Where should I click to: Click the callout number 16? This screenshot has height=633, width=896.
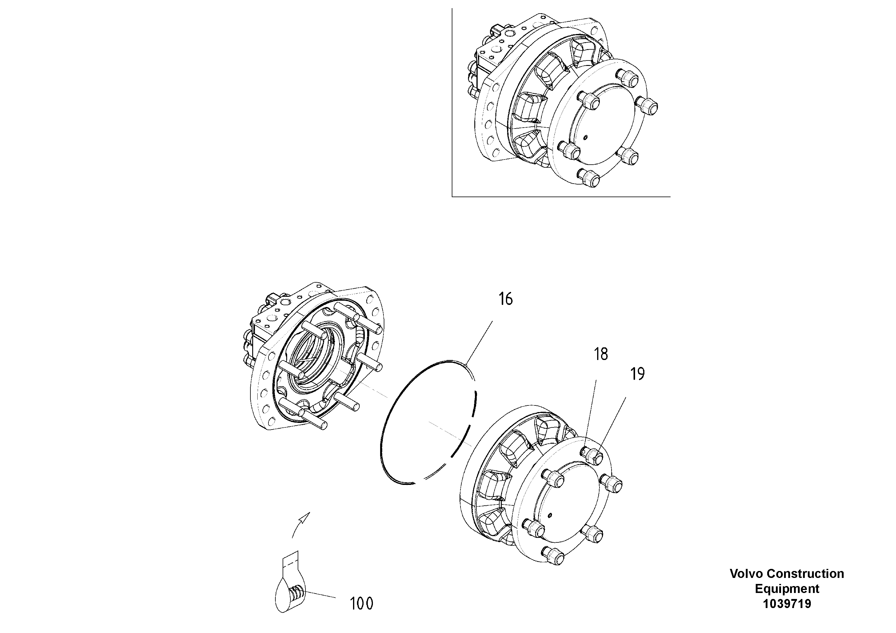[505, 299]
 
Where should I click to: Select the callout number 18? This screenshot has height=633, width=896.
[601, 354]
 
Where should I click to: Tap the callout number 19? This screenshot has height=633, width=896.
[638, 374]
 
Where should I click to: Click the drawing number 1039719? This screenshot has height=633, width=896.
[787, 604]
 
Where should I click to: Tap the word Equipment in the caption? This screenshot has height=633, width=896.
[787, 588]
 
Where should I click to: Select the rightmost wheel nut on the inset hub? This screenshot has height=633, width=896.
[649, 105]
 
